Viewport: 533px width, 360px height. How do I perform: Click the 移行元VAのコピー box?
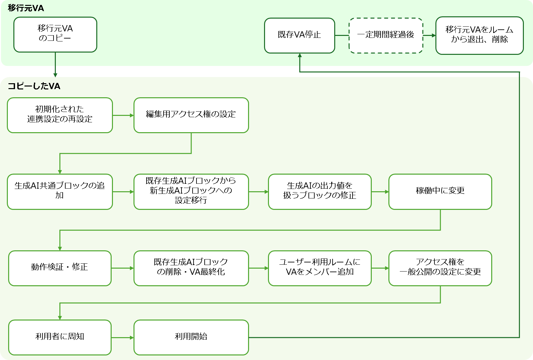coord(55,34)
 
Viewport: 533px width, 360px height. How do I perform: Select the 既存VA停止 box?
coord(299,35)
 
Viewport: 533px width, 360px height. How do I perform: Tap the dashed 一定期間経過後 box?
coord(386,35)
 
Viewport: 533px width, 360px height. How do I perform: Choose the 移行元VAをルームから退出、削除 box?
coord(479,35)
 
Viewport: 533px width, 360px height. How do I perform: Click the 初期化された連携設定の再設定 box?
coord(60,115)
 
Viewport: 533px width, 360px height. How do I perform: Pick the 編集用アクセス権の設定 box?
coord(191,115)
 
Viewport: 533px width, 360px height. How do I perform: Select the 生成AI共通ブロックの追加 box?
coord(60,192)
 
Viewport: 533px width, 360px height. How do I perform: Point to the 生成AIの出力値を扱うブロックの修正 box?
coord(320,192)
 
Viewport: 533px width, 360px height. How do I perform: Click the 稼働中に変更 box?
coord(440,192)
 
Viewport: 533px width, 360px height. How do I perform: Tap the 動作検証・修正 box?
coord(60,268)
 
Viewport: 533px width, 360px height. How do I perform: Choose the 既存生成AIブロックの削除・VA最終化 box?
coord(191,268)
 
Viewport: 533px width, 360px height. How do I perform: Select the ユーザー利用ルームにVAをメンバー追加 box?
coord(320,268)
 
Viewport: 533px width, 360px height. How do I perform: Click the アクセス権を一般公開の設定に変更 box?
coord(440,268)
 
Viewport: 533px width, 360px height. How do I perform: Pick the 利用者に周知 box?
coord(60,337)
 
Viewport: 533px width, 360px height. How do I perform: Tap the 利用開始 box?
coord(191,337)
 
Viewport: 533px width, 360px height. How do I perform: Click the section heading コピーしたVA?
coord(34,86)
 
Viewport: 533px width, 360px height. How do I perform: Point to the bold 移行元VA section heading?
coord(26,8)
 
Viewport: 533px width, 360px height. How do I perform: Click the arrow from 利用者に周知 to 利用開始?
coord(122,337)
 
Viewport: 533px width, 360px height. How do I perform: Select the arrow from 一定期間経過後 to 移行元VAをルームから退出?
coord(429,35)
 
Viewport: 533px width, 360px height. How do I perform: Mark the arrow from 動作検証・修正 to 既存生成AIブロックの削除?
coord(122,268)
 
